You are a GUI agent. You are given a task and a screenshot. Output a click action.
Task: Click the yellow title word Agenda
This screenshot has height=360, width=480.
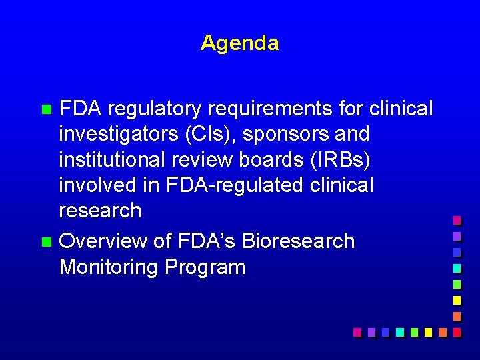tap(239, 43)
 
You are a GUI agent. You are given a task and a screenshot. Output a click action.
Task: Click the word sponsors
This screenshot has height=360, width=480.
tap(289, 134)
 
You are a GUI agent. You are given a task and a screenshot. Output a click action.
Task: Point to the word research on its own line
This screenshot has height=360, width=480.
tap(100, 211)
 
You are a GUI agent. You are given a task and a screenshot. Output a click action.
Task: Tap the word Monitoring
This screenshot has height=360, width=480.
tap(109, 267)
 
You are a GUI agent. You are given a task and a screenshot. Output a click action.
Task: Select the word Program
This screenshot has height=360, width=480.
tap(205, 267)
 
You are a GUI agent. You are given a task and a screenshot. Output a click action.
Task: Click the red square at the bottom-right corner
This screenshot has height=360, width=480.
tap(457, 331)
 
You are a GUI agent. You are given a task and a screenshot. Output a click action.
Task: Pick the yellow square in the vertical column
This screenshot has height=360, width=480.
tap(457, 299)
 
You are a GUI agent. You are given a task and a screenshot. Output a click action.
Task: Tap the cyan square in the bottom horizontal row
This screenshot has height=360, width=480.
tap(399, 331)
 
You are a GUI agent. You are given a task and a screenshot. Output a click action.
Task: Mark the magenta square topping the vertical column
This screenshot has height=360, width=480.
tap(457, 219)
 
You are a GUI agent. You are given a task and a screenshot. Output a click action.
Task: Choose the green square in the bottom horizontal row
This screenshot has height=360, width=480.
tap(414, 331)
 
